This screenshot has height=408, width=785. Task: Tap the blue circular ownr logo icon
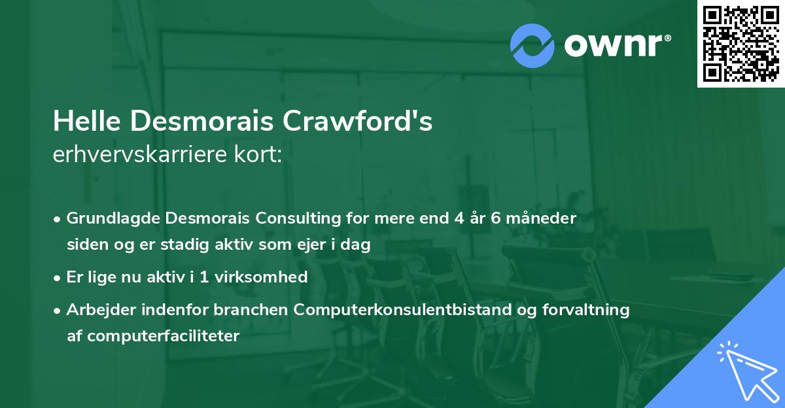[532, 45]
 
